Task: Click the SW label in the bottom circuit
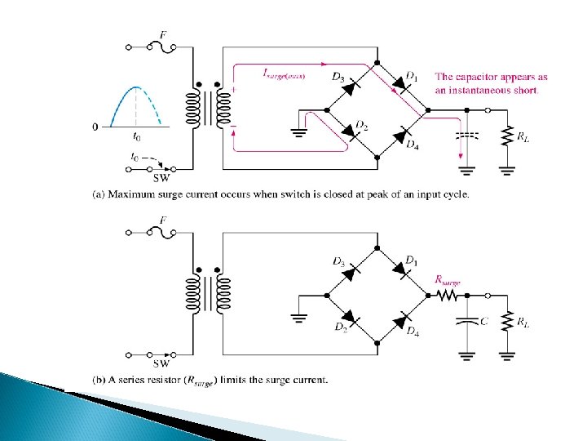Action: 162,364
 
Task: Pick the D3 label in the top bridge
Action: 338,78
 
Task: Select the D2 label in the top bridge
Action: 362,127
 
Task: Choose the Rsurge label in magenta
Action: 448,279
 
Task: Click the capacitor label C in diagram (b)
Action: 483,321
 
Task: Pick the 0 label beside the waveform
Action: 95,127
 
